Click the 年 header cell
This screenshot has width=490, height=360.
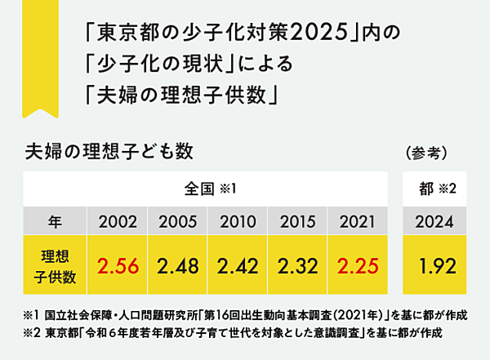[x=54, y=220]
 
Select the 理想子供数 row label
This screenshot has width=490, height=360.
[x=54, y=266]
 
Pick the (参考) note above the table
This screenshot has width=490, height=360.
[x=425, y=153]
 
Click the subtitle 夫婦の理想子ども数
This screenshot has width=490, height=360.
[x=109, y=151]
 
